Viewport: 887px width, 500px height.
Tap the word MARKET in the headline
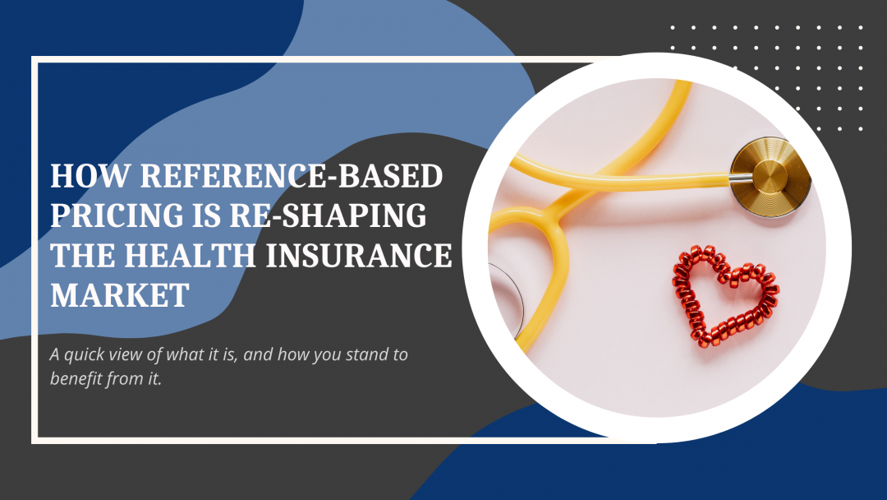pyautogui.click(x=120, y=294)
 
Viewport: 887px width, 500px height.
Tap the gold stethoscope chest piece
pyautogui.click(x=770, y=177)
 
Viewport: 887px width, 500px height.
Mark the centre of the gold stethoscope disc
pyautogui.click(x=771, y=177)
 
